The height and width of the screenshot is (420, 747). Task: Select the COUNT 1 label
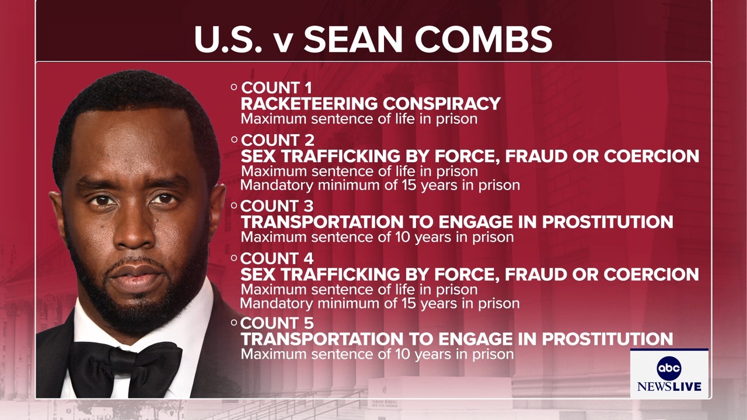[x=277, y=88]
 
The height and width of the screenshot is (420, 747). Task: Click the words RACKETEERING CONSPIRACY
[x=371, y=104]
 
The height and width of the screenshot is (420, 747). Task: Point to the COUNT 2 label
[x=277, y=141]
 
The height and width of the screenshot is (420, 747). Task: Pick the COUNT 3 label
[x=277, y=206]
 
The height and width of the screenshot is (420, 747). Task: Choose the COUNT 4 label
[x=277, y=258]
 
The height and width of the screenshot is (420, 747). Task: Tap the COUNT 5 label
[x=277, y=323]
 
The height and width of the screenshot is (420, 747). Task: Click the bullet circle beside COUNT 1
[x=234, y=87]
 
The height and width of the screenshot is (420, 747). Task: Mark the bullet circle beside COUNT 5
[x=234, y=323]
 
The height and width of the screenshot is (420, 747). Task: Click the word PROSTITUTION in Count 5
[x=608, y=339]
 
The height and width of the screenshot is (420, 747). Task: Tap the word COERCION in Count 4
[x=651, y=274]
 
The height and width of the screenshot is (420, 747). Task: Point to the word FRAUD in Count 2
[x=536, y=156]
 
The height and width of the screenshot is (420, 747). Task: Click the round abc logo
[x=669, y=368]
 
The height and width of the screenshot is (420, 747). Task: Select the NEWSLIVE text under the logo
[x=669, y=387]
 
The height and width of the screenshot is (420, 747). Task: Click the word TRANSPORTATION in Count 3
[x=322, y=222]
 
